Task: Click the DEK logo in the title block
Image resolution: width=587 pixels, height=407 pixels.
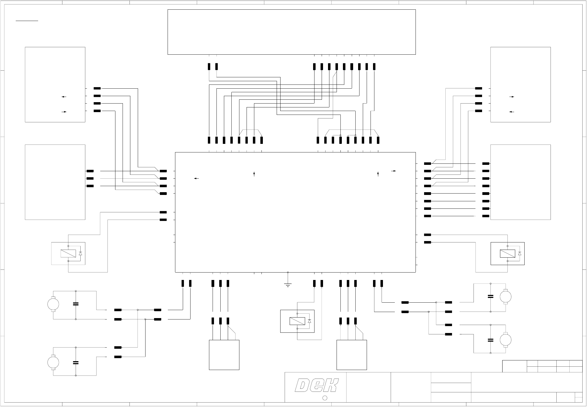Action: pyautogui.click(x=317, y=385)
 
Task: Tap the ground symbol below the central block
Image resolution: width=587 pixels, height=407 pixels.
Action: pyautogui.click(x=288, y=284)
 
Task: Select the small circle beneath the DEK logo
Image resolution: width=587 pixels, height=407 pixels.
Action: pyautogui.click(x=325, y=398)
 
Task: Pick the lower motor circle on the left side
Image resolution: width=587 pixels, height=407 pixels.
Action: pyautogui.click(x=53, y=362)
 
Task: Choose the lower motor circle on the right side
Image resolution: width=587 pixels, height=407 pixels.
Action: pyautogui.click(x=506, y=340)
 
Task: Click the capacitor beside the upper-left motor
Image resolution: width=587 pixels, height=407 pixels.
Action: pyautogui.click(x=76, y=304)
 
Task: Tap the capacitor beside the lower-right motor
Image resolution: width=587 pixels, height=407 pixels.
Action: pyautogui.click(x=490, y=340)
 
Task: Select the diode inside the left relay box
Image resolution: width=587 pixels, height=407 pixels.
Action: pyautogui.click(x=80, y=253)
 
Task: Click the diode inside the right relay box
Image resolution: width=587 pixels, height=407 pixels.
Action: pyautogui.click(x=520, y=253)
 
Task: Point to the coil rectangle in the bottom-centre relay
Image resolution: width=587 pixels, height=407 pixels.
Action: pyautogui.click(x=297, y=321)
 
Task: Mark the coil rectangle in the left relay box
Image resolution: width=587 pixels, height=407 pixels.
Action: pyautogui.click(x=68, y=253)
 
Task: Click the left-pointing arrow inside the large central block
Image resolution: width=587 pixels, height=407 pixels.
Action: pyautogui.click(x=196, y=179)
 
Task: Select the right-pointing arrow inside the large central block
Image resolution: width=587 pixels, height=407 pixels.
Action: pyautogui.click(x=393, y=171)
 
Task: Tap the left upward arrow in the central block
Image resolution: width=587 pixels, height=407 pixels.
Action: pyautogui.click(x=254, y=174)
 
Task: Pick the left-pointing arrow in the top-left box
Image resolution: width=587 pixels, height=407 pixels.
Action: pyautogui.click(x=64, y=97)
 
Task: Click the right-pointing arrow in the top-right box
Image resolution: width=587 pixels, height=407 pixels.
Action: pyautogui.click(x=512, y=97)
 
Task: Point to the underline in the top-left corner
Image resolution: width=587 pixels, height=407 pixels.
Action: pyautogui.click(x=27, y=20)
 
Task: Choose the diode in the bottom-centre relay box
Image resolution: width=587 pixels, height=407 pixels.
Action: pyautogui.click(x=309, y=321)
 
